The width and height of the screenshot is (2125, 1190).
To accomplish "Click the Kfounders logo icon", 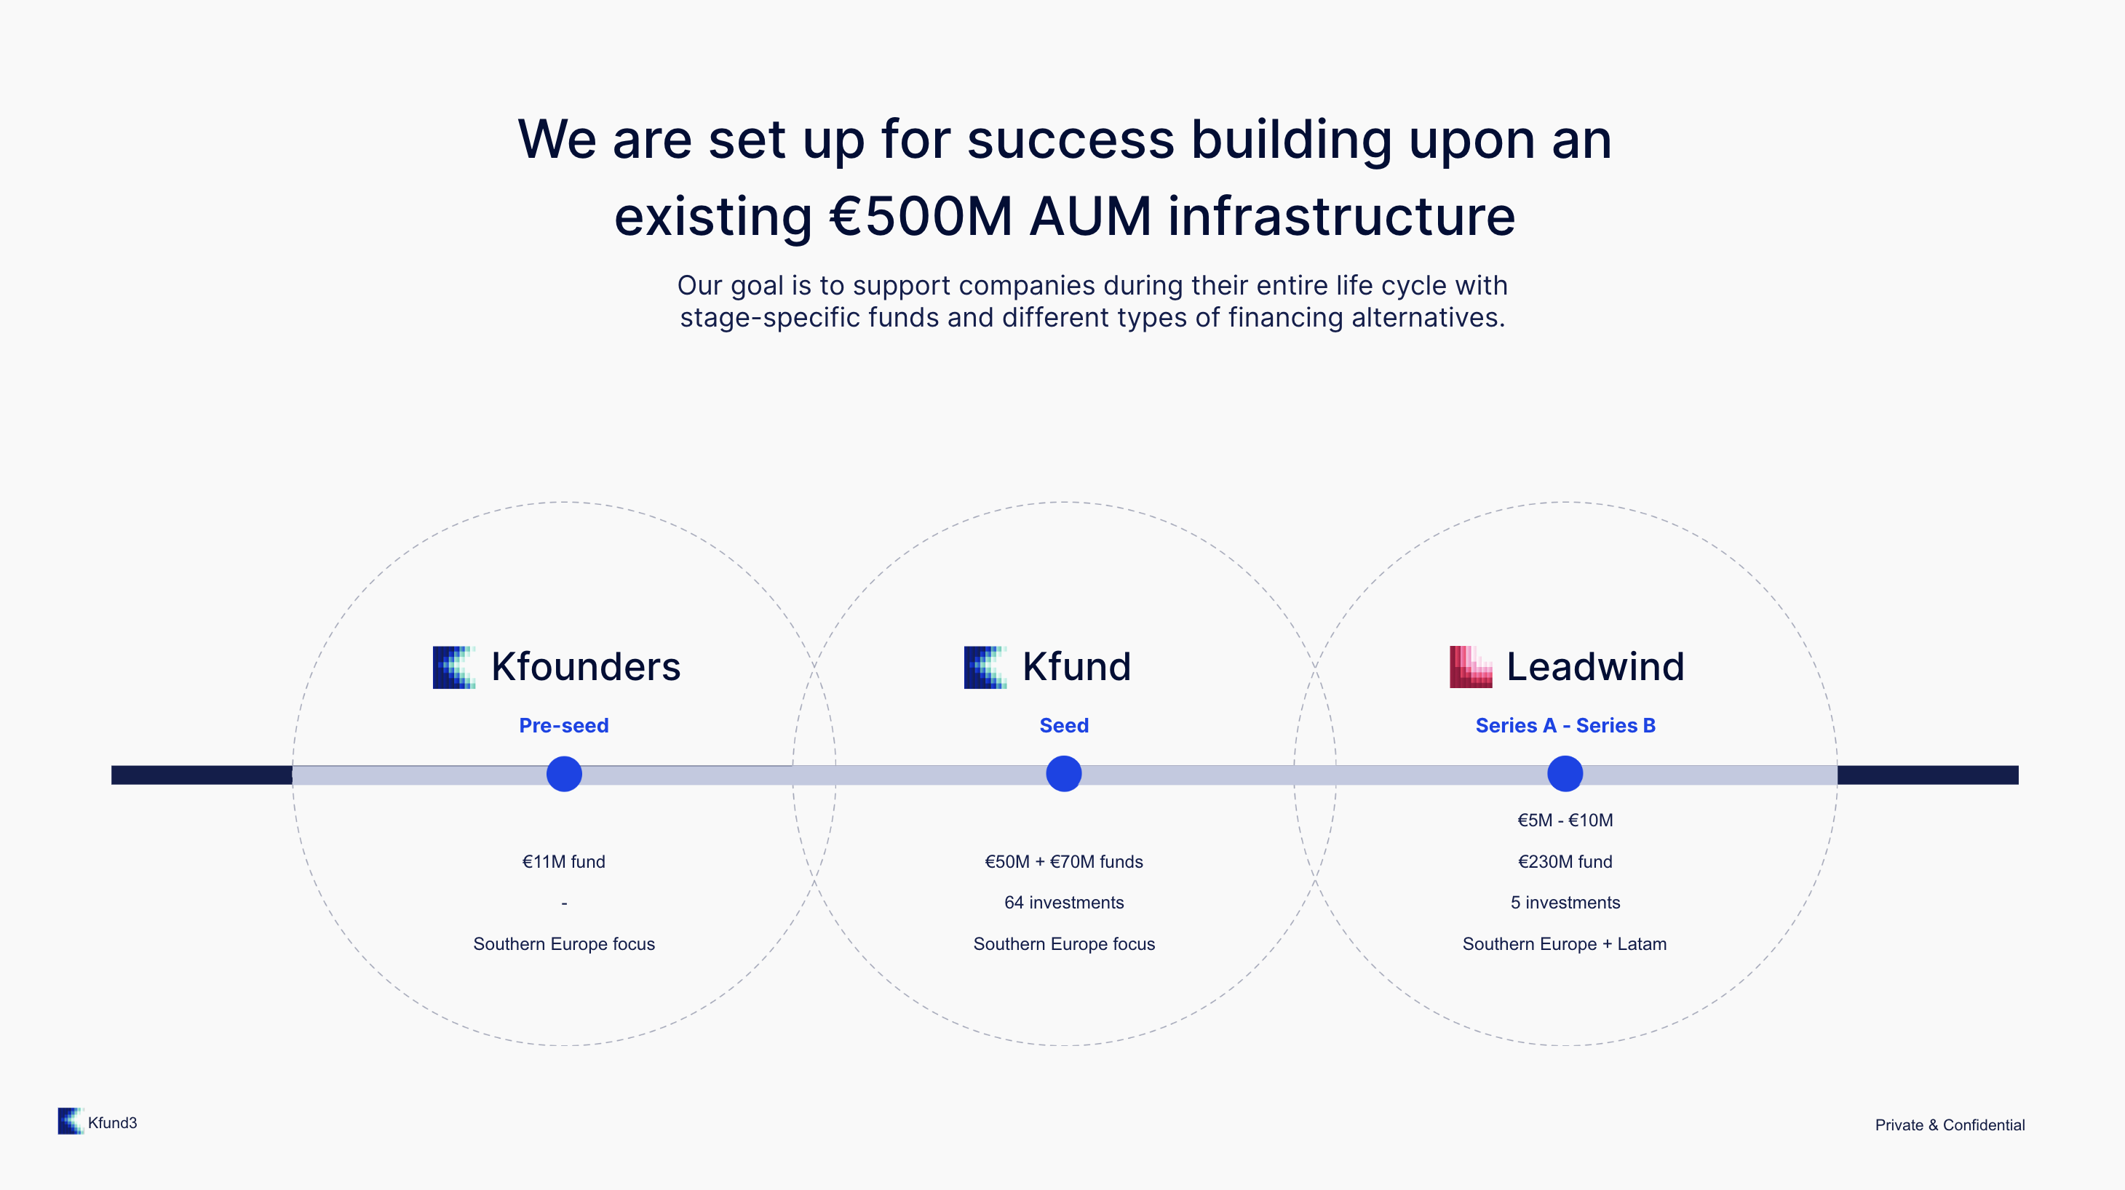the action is pos(453,667).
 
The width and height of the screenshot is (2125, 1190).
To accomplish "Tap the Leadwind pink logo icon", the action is pos(1471,667).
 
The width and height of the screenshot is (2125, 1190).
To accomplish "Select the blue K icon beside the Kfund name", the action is pos(985,667).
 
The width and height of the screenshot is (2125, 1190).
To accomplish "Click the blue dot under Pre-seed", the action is pos(564,773).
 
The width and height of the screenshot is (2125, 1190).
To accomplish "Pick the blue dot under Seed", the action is pos(1064,773).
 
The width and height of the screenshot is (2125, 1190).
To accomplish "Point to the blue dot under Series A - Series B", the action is pos(1565,773).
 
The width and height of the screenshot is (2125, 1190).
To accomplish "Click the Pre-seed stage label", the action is pos(564,726).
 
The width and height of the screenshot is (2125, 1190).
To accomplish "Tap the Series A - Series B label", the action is pos(1565,726).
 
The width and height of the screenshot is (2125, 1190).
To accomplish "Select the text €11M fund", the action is pos(564,862).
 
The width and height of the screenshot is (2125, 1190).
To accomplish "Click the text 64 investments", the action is pos(1064,902).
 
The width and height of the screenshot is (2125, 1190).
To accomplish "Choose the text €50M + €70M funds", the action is pos(1064,862).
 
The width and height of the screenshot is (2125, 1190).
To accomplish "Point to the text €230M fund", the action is pos(1565,862).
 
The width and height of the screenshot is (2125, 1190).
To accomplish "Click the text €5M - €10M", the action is pos(1565,820).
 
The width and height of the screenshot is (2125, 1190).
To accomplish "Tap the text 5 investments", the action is pos(1565,902).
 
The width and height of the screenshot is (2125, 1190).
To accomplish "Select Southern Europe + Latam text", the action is pos(1565,943).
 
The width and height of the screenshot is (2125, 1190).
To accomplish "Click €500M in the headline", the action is pos(921,216).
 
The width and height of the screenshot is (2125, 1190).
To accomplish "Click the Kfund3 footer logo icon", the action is pos(71,1122).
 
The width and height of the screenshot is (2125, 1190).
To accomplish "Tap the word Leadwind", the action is pos(1595,666).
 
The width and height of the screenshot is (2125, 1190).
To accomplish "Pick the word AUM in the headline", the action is pos(1091,216).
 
